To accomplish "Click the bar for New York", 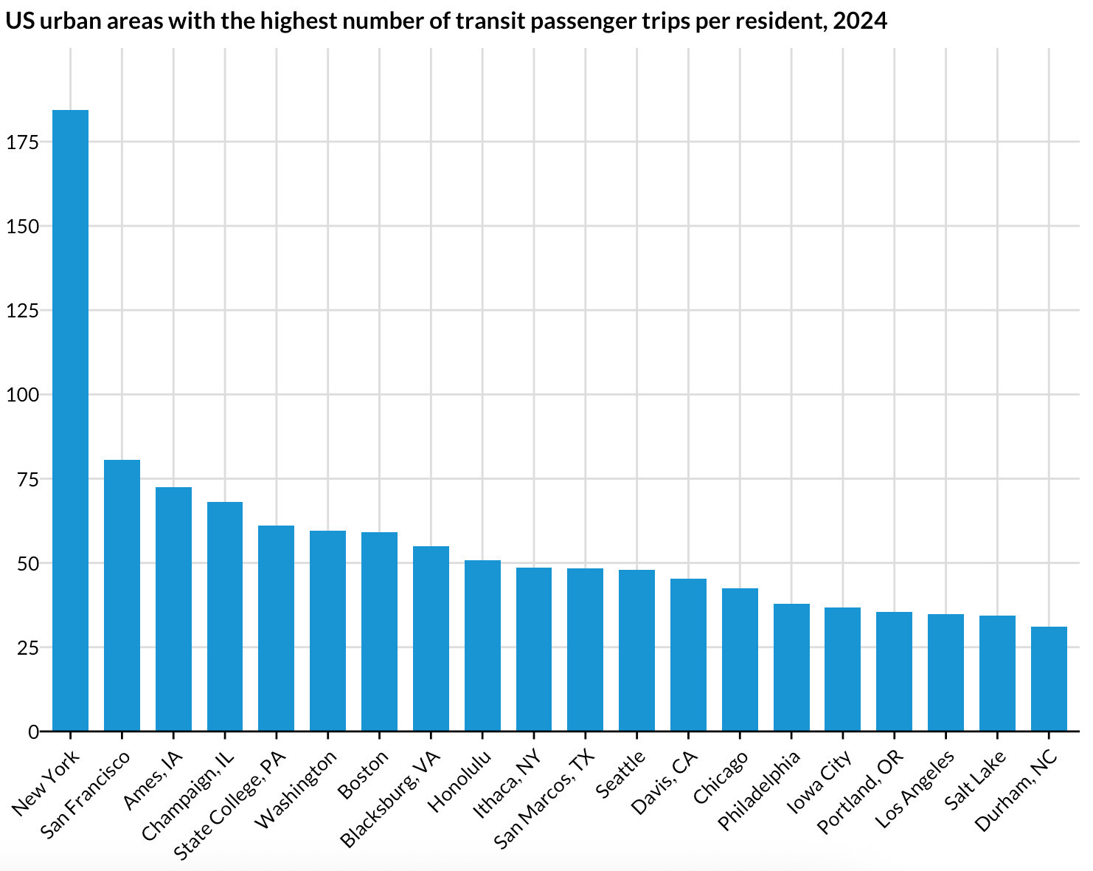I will pos(70,421).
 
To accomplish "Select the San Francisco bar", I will pos(122,596).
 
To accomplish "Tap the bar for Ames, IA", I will pos(173,609).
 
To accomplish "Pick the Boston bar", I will pos(379,632).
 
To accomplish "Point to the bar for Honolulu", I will pos(482,646).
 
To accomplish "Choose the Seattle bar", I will pos(636,650).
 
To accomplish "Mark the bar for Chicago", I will pos(740,660).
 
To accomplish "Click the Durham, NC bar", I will pos(1049,679).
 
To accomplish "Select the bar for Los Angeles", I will pos(945,672).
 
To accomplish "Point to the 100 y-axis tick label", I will pos(22,395).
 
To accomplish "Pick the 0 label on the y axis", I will pos(33,732).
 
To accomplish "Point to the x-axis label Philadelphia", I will pos(759,791).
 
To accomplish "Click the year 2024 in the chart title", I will pos(859,21).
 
